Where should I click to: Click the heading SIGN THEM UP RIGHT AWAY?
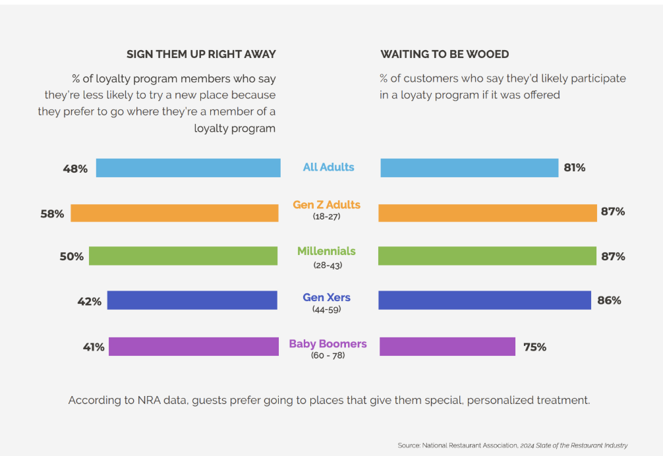[201, 54]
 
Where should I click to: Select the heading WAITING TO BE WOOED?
[444, 54]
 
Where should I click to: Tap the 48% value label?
[75, 169]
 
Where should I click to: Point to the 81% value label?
[574, 168]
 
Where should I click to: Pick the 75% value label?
[534, 347]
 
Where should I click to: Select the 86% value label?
[609, 300]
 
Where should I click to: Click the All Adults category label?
[328, 167]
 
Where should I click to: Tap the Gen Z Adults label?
[327, 205]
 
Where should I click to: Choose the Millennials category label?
[326, 251]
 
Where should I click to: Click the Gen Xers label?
[326, 298]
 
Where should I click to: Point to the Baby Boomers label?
[328, 344]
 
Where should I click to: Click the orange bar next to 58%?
[175, 213]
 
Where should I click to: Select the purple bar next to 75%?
[447, 347]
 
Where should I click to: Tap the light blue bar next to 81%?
[469, 168]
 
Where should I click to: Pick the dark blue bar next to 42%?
[192, 300]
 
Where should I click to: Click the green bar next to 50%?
[183, 256]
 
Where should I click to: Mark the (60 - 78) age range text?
[328, 356]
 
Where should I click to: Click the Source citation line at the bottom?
[512, 445]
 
